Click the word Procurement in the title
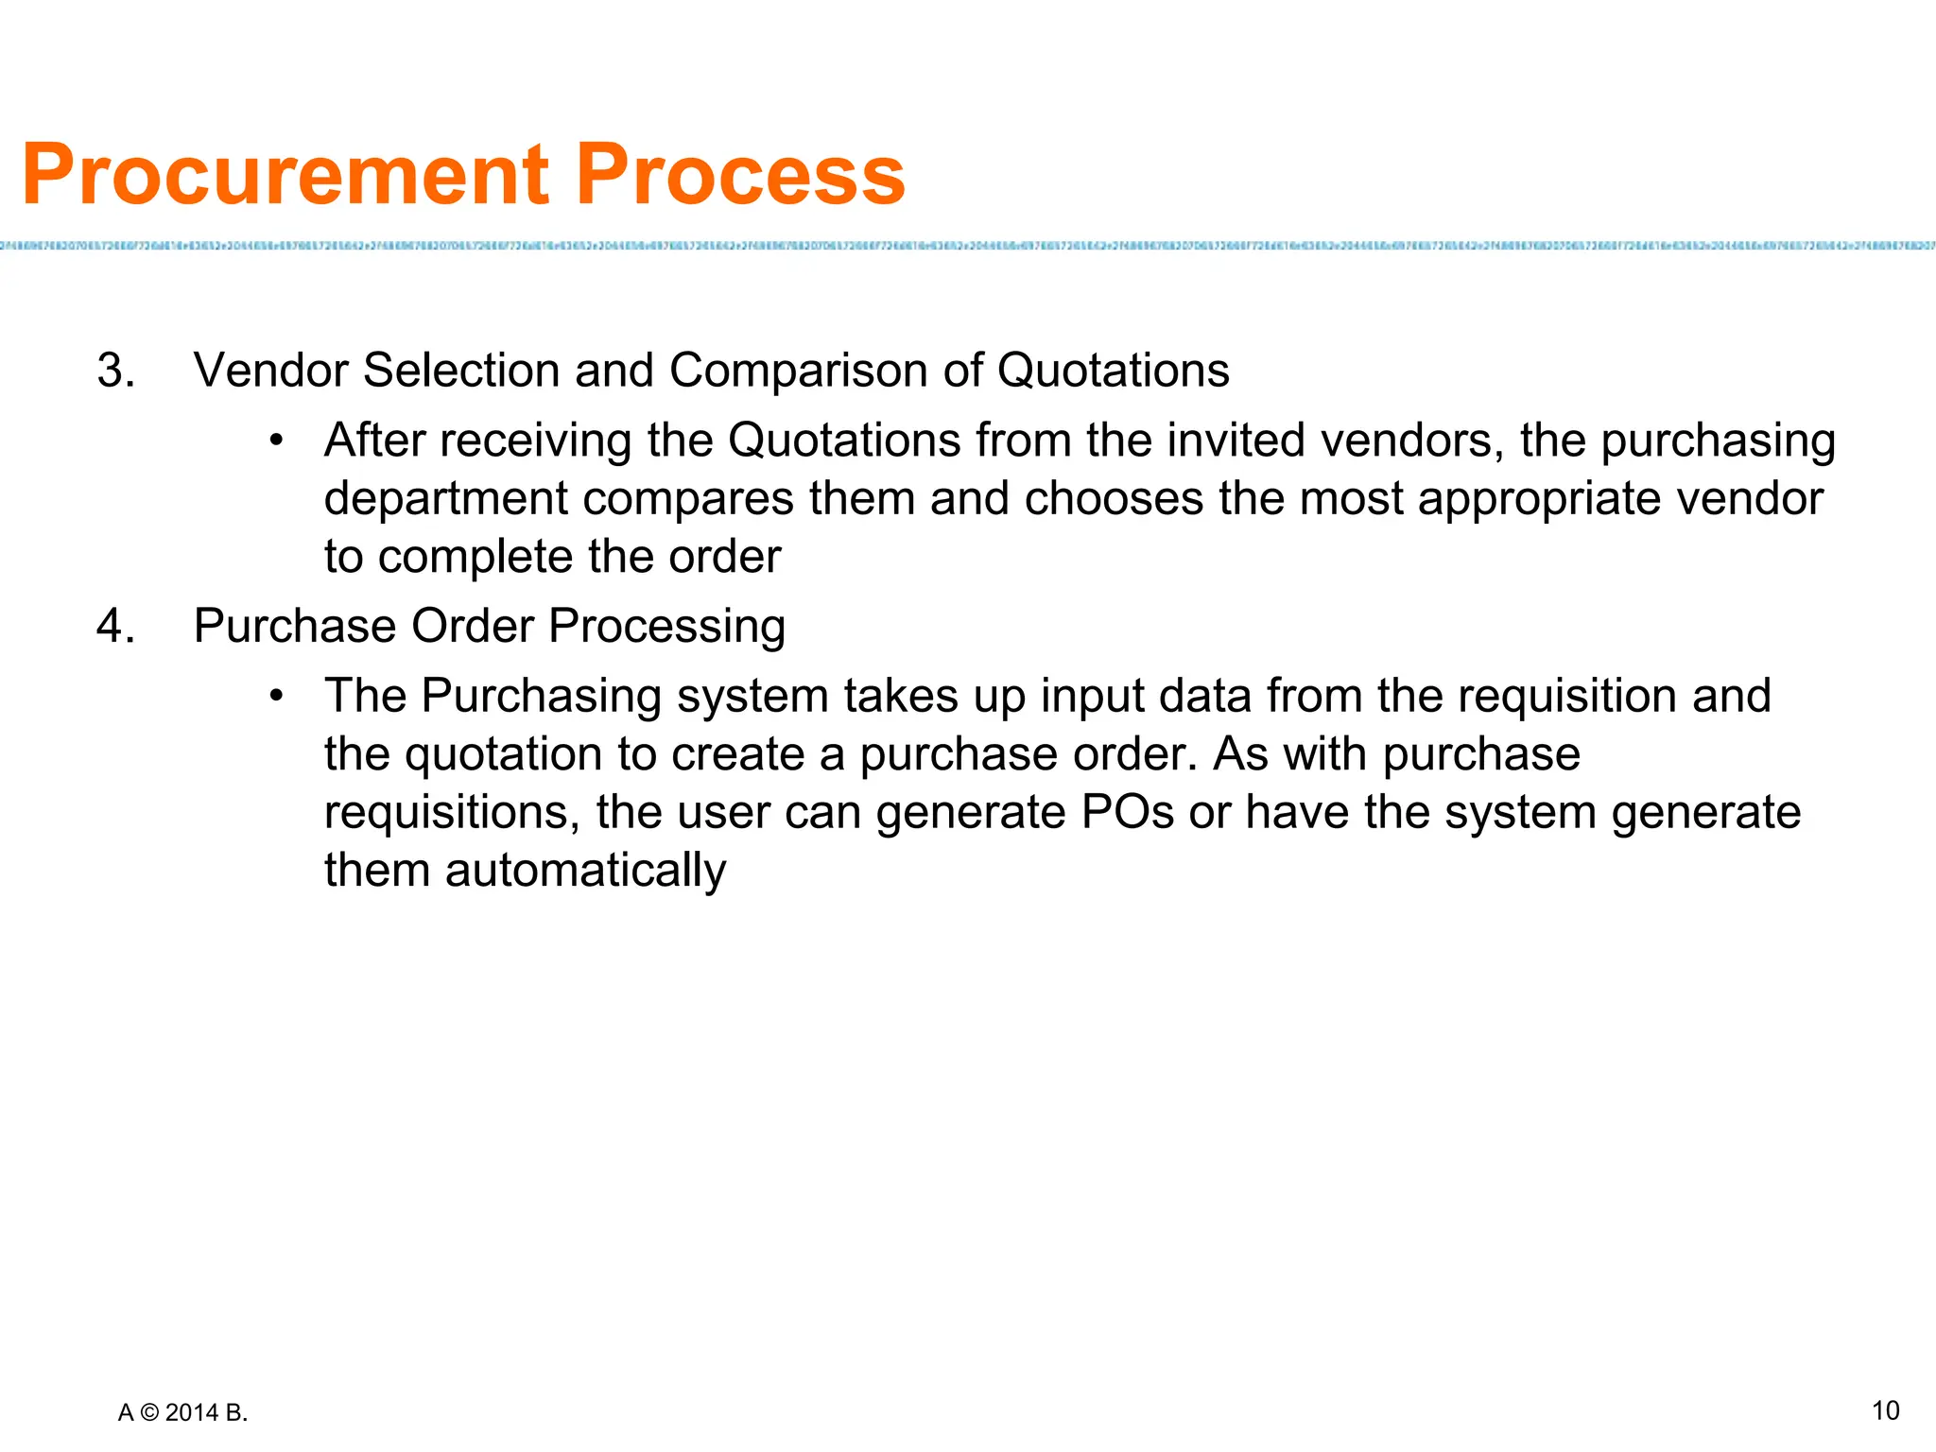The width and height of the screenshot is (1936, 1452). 285,175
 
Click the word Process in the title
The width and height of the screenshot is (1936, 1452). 740,175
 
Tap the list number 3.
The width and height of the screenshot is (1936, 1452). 115,370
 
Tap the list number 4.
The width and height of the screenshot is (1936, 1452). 115,626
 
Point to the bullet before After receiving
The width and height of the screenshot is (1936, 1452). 276,441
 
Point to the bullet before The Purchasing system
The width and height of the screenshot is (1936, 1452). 276,697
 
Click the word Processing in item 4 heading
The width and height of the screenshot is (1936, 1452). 666,627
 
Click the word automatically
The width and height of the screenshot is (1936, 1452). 585,871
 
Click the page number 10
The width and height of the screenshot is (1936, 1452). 1885,1410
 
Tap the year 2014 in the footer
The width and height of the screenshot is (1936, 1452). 192,1413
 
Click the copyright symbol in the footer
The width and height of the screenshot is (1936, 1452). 149,1413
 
